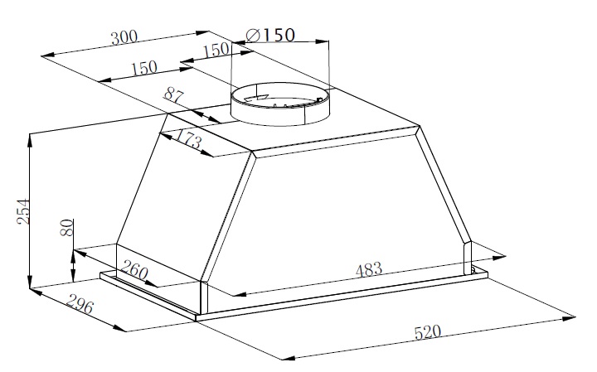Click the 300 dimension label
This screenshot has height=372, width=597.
[x=124, y=37]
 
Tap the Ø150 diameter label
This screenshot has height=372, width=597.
[x=270, y=36]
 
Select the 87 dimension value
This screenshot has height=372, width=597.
[x=174, y=95]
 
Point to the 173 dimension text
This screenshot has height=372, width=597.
[x=188, y=139]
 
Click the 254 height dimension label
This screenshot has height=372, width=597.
[x=23, y=211]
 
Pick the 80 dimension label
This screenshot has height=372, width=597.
[x=66, y=228]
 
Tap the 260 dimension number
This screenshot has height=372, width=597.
[x=134, y=270]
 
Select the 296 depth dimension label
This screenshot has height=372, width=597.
[x=80, y=304]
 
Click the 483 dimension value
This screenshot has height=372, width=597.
[x=368, y=269]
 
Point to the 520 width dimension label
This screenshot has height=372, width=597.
[x=427, y=332]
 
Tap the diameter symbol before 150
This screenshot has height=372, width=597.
[x=253, y=36]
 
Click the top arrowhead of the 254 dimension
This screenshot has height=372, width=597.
[x=30, y=139]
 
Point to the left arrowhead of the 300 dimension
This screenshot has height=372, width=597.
[x=47, y=56]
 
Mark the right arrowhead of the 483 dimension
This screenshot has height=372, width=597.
[x=498, y=258]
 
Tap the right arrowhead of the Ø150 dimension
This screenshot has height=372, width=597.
[x=323, y=41]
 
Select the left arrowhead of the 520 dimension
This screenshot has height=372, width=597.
[x=288, y=358]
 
